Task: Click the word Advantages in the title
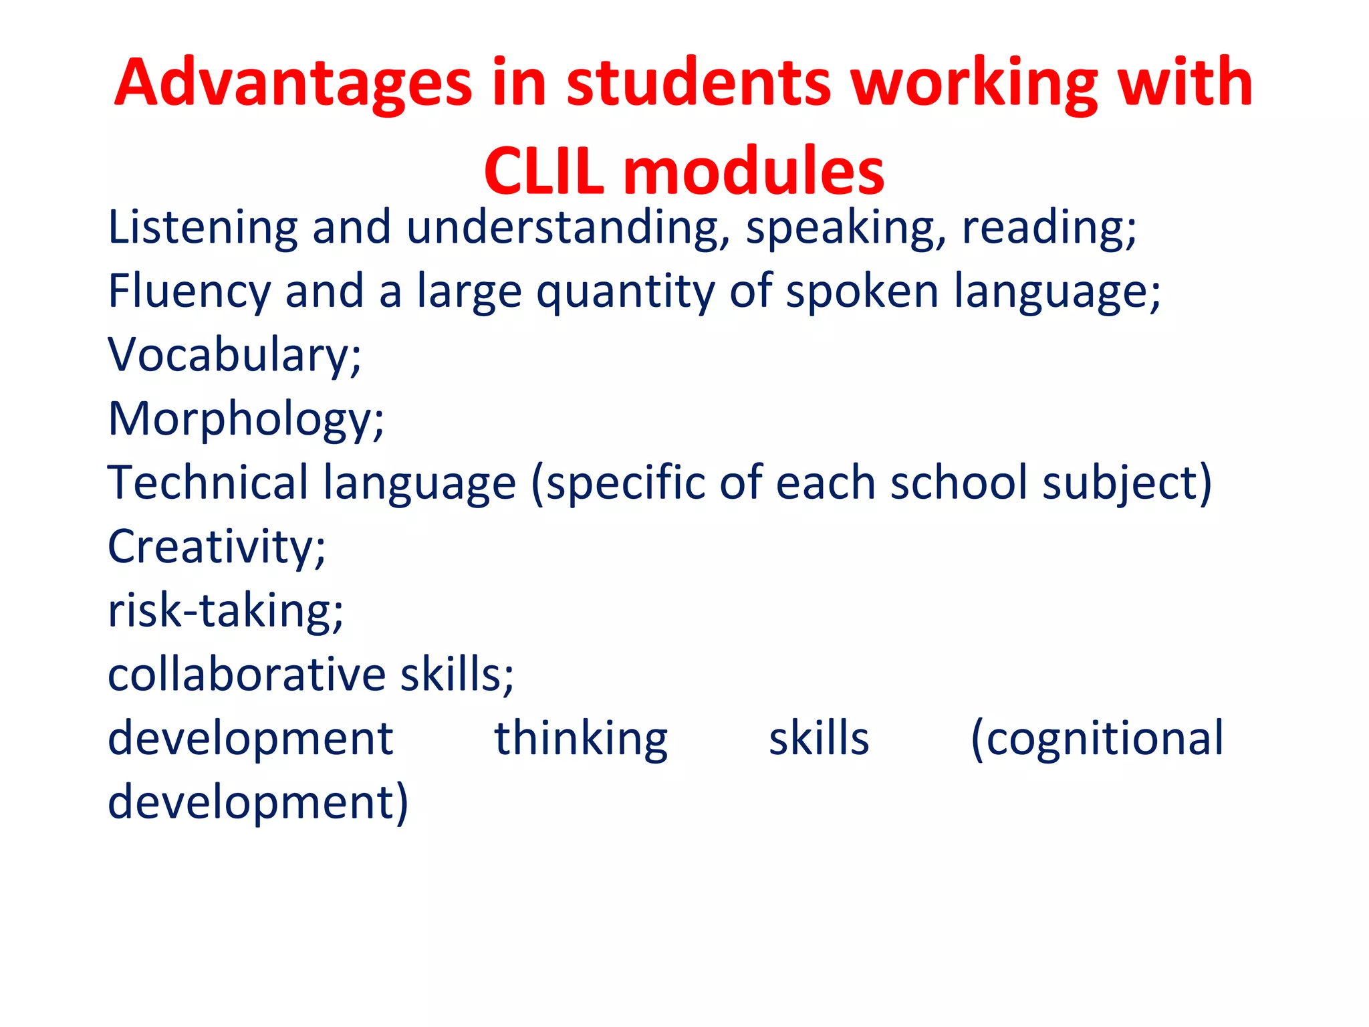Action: point(293,84)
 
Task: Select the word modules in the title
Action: point(753,172)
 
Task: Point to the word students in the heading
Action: point(699,84)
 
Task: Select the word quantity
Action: point(625,292)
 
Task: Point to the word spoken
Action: point(862,292)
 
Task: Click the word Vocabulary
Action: point(234,355)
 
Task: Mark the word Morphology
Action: point(245,419)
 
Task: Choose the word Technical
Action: point(207,483)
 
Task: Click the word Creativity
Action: point(216,547)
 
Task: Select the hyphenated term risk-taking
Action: point(225,610)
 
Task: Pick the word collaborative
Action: point(247,674)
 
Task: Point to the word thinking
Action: point(581,739)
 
